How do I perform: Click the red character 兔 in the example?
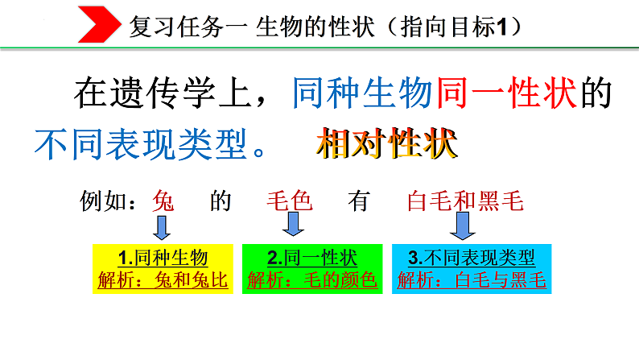[x=164, y=201]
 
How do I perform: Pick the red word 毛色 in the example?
[x=289, y=201]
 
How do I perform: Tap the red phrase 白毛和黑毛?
[x=466, y=201]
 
